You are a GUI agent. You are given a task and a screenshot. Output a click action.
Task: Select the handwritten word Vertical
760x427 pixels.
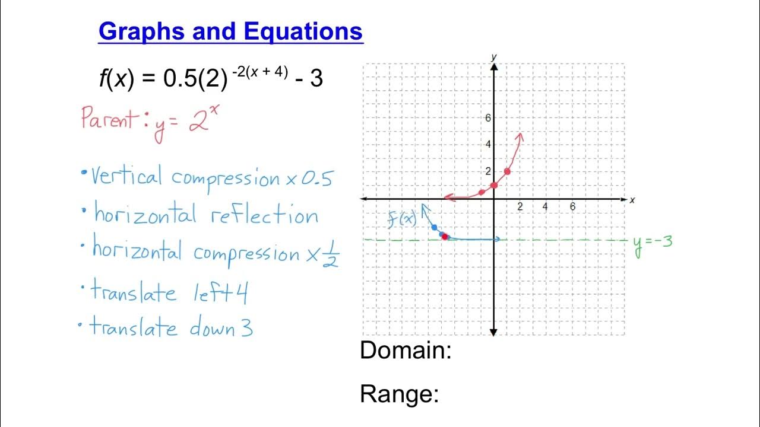tap(126, 177)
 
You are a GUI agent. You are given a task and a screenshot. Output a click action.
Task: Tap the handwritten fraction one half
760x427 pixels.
tap(331, 253)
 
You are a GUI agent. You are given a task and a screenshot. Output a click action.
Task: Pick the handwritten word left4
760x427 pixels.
tap(220, 293)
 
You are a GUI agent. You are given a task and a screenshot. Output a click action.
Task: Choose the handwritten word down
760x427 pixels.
tap(212, 327)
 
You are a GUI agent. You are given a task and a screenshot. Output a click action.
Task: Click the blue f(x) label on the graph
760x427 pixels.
tap(402, 219)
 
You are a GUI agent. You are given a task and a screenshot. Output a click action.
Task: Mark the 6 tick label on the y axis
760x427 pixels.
tap(488, 117)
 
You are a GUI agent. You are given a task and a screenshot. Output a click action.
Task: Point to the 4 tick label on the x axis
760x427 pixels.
tap(545, 207)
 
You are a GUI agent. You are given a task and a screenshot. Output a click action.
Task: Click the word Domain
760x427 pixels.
tap(406, 351)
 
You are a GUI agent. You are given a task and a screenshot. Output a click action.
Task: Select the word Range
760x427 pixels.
tap(399, 394)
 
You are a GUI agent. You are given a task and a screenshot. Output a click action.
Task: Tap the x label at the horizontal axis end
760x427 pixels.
tap(632, 200)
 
